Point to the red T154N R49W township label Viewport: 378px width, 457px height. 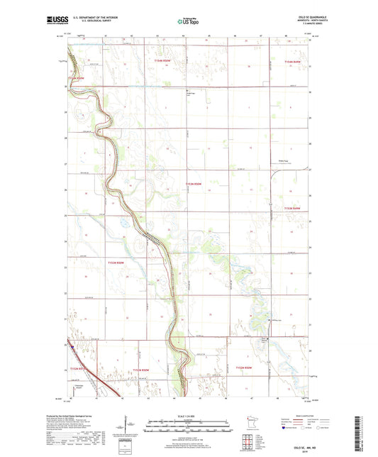[292, 62]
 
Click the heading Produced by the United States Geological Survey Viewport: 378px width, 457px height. [91, 417]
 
